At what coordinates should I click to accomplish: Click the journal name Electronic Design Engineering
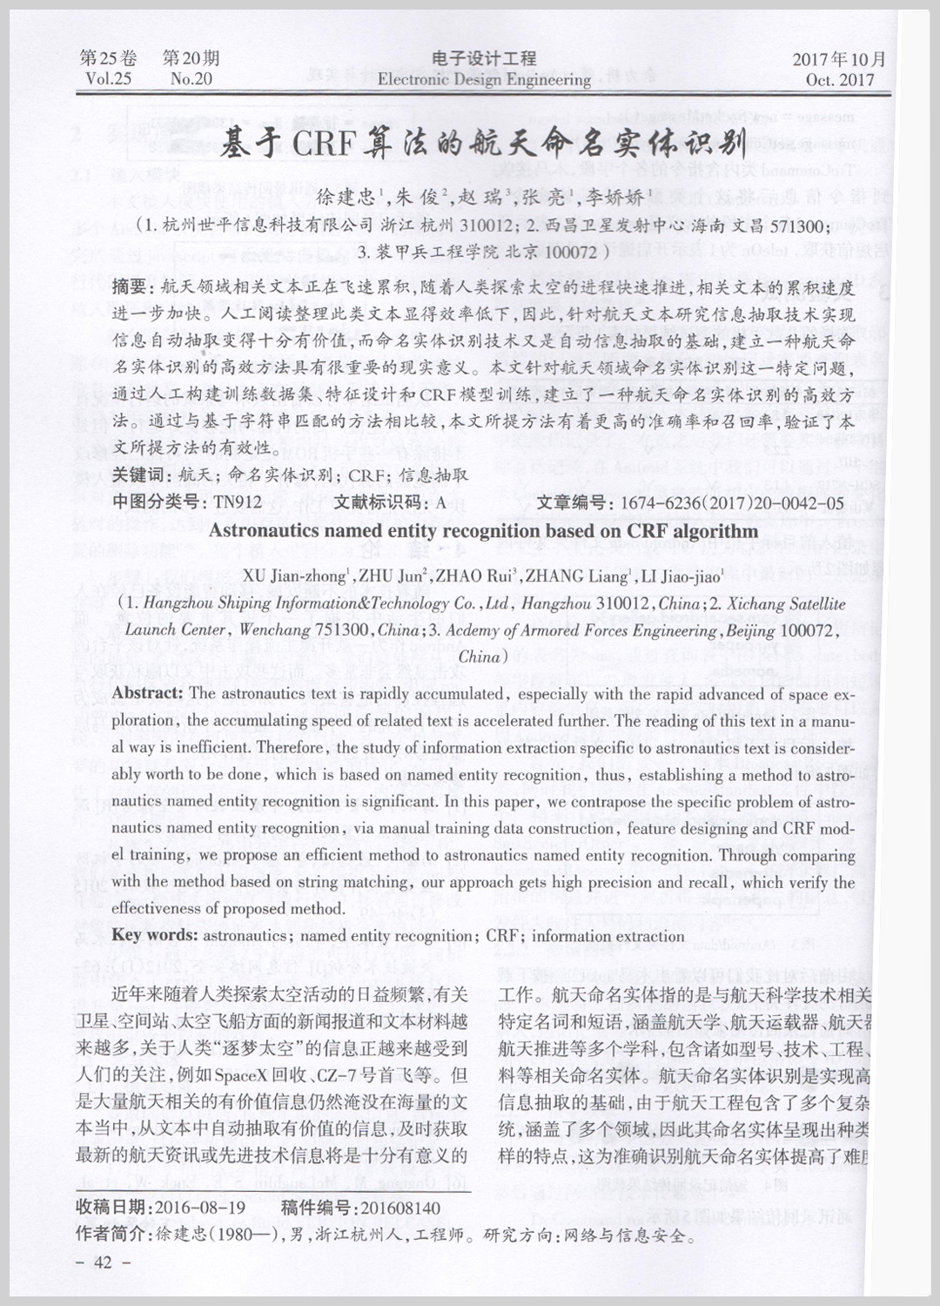(484, 80)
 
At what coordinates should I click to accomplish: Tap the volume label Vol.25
(109, 80)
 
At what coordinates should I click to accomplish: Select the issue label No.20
(191, 80)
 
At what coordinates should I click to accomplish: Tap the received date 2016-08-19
(198, 1208)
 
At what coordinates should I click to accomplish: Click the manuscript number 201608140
(399, 1208)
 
